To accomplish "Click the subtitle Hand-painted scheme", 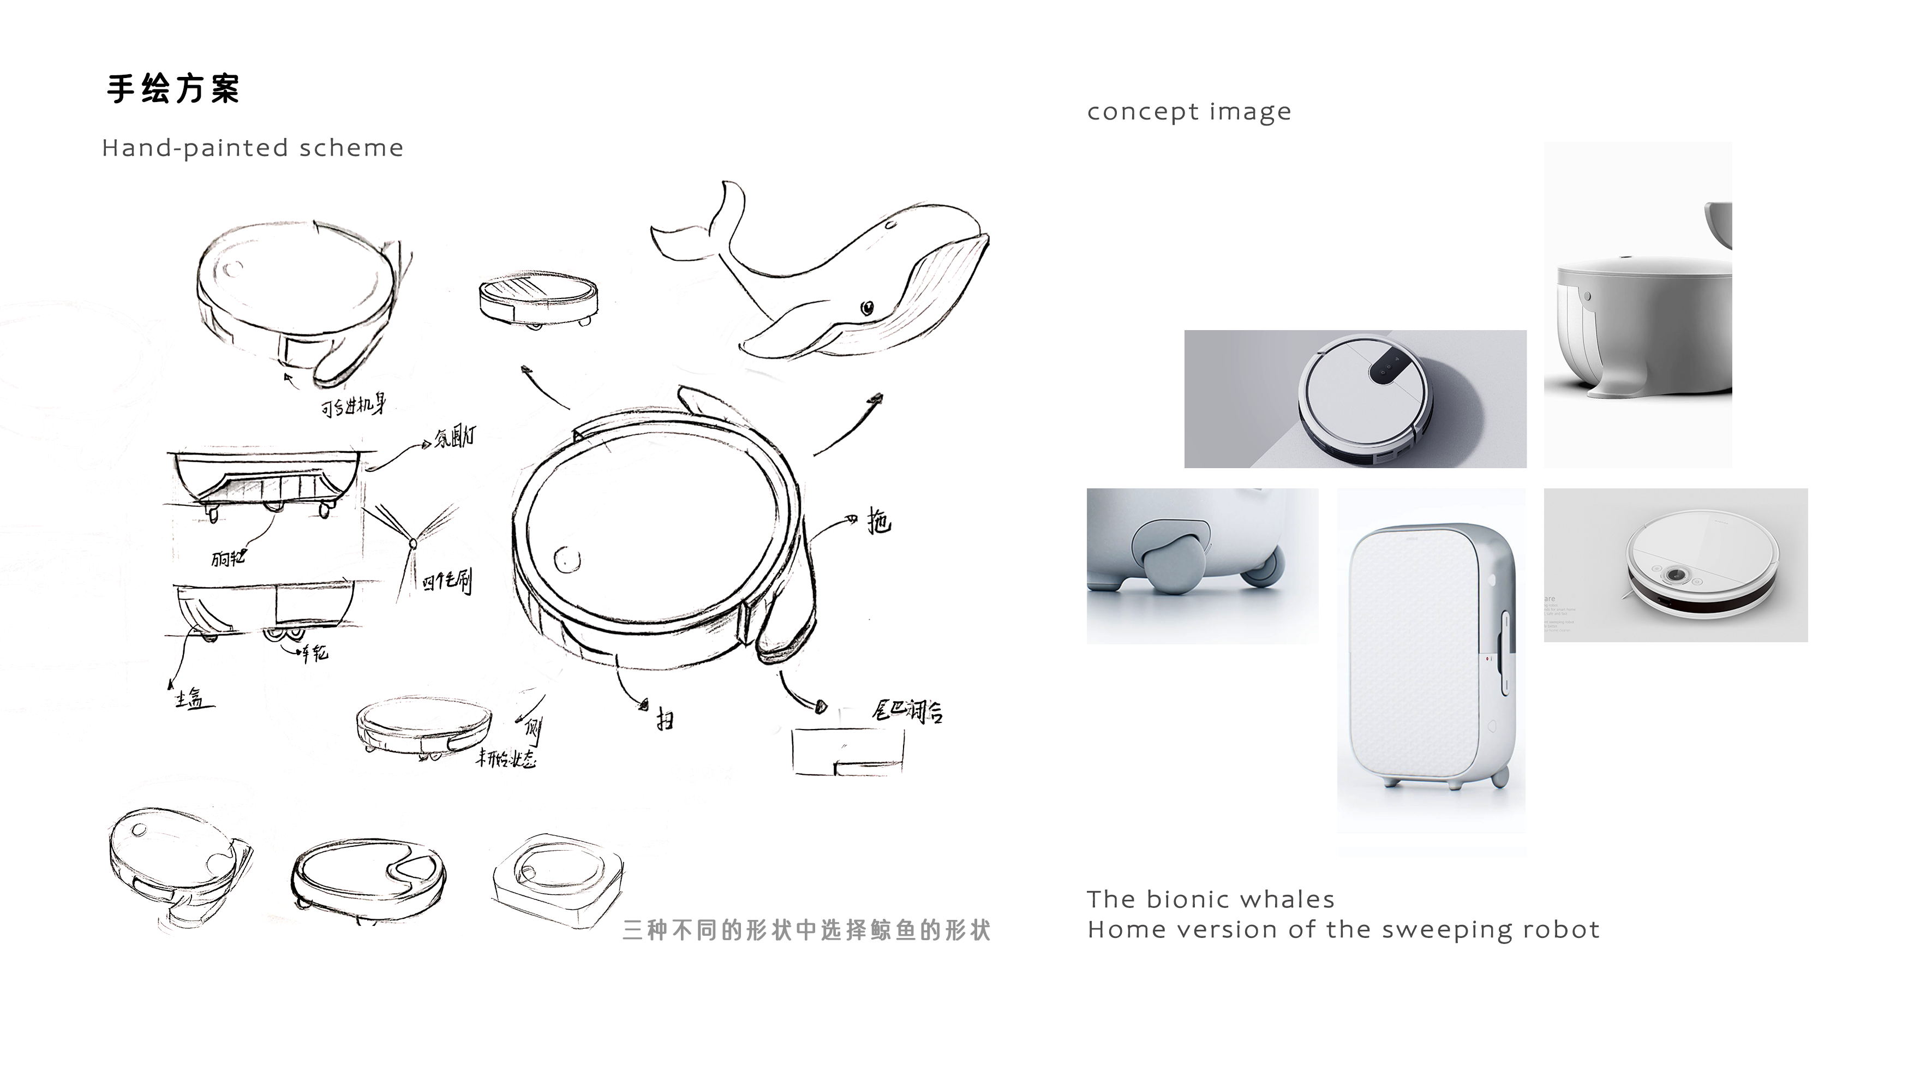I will tap(253, 148).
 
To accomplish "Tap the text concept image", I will tap(1189, 111).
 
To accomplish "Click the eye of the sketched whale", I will tap(867, 307).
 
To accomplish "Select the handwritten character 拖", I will tap(879, 522).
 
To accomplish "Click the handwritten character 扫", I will tap(665, 719).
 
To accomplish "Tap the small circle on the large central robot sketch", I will tap(567, 559).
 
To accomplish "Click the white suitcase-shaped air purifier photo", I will tap(1430, 657).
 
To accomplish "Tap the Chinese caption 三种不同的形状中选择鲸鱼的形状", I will tap(806, 930).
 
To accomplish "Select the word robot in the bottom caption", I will tap(1561, 930).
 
